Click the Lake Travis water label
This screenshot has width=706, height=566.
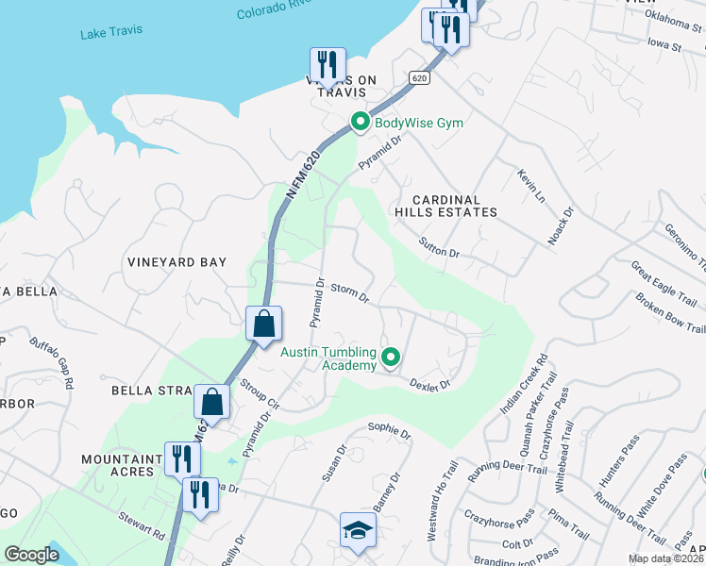click(x=111, y=30)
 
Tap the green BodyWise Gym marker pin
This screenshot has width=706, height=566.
click(x=359, y=122)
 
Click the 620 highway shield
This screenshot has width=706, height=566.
click(x=420, y=78)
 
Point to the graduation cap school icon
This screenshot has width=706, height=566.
click(x=358, y=530)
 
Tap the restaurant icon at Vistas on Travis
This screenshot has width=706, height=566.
click(x=327, y=64)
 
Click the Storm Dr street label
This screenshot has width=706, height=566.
click(x=349, y=292)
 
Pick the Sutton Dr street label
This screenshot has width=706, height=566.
click(x=439, y=248)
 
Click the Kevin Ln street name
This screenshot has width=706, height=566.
click(x=531, y=185)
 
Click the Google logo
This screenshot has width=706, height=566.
click(x=31, y=554)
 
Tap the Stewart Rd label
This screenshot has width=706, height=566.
click(x=142, y=524)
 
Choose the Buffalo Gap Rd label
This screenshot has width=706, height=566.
click(x=51, y=362)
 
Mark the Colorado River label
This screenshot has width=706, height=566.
click(x=273, y=9)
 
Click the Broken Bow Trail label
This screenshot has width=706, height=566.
click(x=669, y=312)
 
